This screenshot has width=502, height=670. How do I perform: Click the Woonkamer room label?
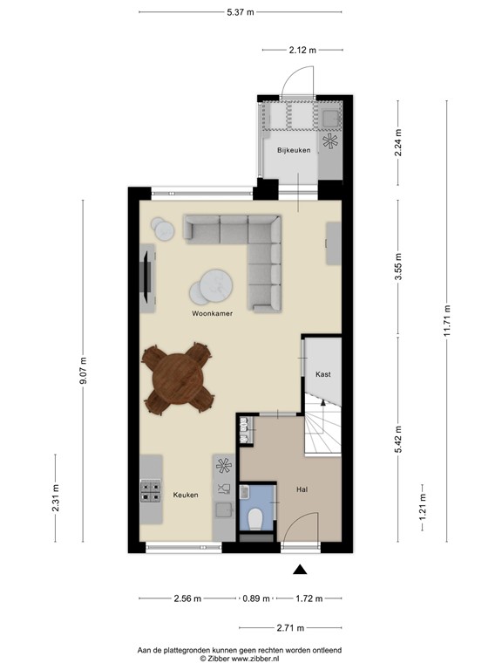212,311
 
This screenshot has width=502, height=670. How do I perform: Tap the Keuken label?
185,495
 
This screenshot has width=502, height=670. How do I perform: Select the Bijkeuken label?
294,151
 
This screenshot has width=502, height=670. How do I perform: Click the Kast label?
322,373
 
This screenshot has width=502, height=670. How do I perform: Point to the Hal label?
302,489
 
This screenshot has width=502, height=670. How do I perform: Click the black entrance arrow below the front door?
300,571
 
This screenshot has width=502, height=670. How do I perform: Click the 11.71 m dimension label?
447,320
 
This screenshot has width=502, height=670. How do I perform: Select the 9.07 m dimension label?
84,373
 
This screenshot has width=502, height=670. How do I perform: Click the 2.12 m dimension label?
302,50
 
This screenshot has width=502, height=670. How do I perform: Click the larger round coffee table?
212,285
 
